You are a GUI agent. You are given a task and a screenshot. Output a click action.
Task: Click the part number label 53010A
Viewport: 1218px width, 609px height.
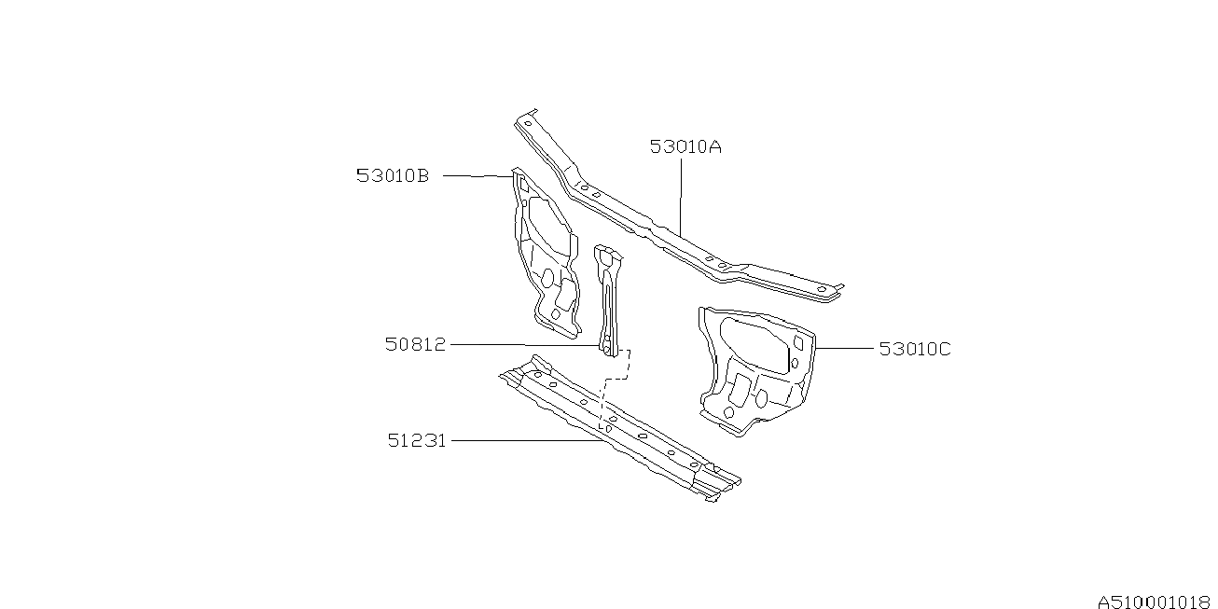(686, 146)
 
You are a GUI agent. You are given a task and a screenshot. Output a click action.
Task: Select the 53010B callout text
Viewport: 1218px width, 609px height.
(393, 175)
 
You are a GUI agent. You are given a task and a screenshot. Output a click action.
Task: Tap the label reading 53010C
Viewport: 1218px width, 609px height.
(915, 349)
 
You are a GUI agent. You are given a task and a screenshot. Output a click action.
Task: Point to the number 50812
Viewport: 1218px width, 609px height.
(416, 344)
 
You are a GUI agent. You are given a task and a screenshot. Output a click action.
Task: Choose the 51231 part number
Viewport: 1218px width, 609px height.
(417, 439)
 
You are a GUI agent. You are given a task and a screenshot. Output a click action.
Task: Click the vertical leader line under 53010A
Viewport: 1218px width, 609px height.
(681, 196)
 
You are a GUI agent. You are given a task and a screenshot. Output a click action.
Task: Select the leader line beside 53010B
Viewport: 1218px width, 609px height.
(477, 175)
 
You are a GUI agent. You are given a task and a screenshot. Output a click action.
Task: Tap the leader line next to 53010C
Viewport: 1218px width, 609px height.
(845, 348)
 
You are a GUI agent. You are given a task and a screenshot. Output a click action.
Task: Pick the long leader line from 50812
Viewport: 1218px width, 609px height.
(522, 344)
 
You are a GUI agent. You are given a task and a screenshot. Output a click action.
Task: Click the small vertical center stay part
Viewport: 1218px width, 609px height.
(608, 298)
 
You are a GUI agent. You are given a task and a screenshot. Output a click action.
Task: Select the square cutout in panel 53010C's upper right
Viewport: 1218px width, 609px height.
(796, 344)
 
